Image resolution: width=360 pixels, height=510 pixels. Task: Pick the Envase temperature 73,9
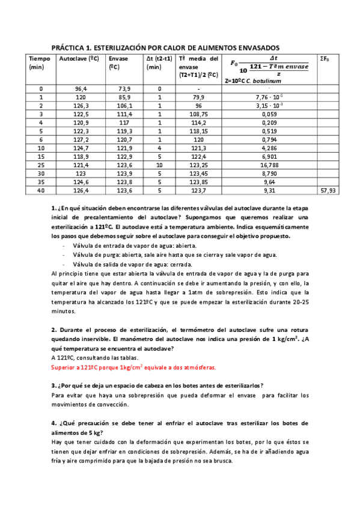[124, 88]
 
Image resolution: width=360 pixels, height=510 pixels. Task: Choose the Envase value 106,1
[124, 105]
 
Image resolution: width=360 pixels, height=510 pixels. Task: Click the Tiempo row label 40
[40, 191]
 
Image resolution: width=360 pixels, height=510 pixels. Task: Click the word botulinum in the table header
[278, 80]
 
